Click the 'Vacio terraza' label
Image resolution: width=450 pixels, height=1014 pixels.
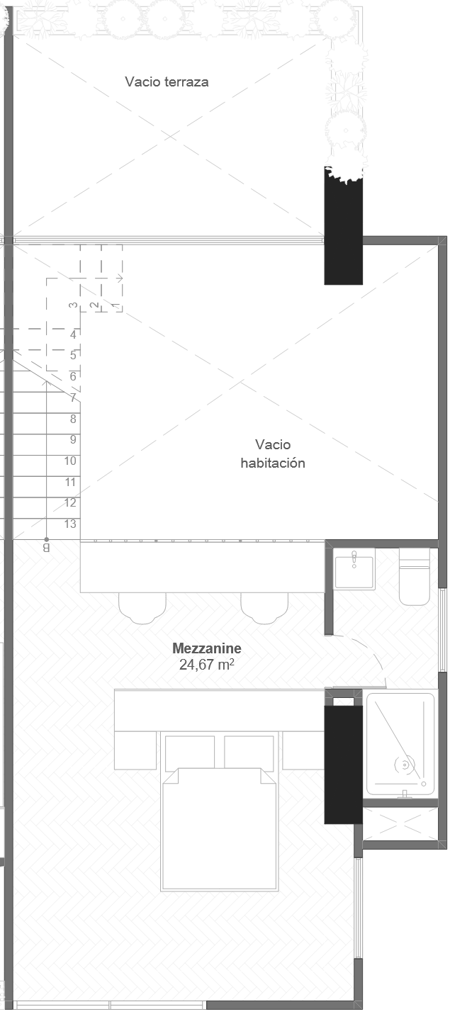click(167, 81)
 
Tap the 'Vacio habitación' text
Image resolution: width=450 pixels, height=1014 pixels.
click(273, 454)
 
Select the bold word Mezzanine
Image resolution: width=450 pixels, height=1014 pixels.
click(207, 648)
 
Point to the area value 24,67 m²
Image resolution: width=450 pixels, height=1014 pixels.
click(207, 665)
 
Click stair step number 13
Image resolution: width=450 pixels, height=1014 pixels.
click(70, 524)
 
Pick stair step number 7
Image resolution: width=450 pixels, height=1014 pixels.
click(73, 398)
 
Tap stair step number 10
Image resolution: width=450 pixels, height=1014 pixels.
click(70, 461)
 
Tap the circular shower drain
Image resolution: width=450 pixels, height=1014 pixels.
click(405, 765)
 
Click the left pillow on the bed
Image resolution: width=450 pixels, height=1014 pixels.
click(190, 752)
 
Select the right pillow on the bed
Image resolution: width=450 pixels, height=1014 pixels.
click(249, 752)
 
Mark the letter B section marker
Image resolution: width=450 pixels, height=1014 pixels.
click(47, 548)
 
